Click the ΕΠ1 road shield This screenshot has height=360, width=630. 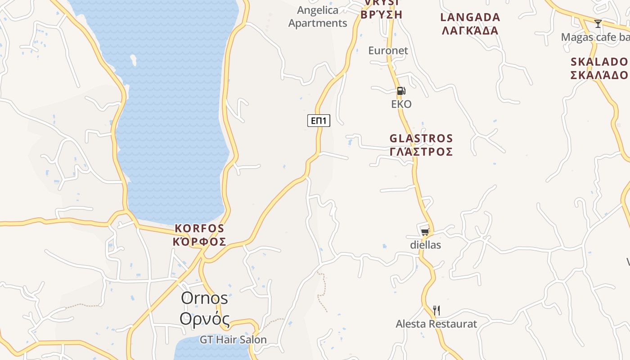click(319, 121)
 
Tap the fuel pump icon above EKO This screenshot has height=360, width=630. click(401, 91)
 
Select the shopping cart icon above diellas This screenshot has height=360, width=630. click(425, 232)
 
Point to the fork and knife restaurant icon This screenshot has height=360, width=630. click(436, 310)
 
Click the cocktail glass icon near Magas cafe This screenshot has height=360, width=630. click(598, 24)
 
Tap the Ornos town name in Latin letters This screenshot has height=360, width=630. click(204, 298)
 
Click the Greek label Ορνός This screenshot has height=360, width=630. click(204, 319)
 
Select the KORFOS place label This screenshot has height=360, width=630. click(199, 228)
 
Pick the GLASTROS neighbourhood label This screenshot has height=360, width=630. click(421, 138)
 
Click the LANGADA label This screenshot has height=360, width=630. click(470, 18)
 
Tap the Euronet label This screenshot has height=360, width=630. click(388, 50)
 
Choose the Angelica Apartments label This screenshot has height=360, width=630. click(318, 17)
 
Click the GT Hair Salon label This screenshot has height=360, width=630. click(233, 340)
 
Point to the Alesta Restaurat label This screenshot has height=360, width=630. click(436, 324)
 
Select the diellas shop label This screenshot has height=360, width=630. click(425, 245)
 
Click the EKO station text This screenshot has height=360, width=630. click(401, 104)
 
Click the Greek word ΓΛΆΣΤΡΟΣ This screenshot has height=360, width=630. click(421, 152)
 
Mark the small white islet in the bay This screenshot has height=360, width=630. click(133, 60)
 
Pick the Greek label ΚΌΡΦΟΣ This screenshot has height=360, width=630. click(199, 242)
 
